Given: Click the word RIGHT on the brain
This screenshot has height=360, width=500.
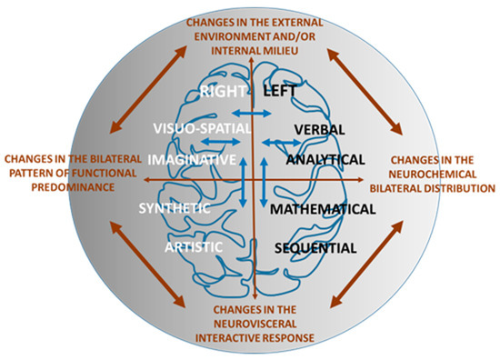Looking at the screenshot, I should [222, 92].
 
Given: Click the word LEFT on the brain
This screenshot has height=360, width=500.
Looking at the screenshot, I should [282, 92].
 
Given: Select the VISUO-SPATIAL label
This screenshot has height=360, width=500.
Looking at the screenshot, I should [201, 129].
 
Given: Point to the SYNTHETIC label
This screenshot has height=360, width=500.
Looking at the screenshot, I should [175, 208].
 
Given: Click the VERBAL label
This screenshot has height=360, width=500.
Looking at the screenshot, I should [317, 129].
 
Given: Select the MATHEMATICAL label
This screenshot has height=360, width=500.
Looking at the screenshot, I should [322, 208].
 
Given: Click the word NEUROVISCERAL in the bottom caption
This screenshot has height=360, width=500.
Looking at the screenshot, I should [245, 324].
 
